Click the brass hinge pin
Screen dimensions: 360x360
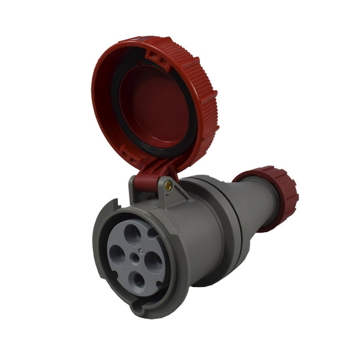[x=168, y=184]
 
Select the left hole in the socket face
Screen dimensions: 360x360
[x=117, y=255]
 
